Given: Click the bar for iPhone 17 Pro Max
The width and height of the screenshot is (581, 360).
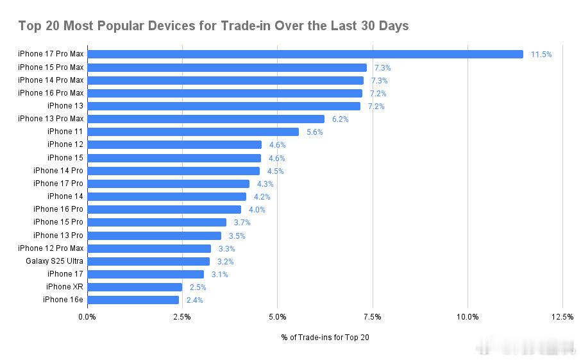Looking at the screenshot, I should pos(305,55).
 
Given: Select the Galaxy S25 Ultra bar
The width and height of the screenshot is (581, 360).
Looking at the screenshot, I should pos(148,261).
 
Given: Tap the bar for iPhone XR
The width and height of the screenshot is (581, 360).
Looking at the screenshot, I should pos(135,287).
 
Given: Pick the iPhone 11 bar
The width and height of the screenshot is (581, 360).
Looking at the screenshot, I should pos(192,132).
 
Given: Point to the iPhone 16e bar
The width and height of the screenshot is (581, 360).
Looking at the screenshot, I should pos(133,300).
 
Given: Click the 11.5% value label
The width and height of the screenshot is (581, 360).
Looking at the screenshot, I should pos(541,55).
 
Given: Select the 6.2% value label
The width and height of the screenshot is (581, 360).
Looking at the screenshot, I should pos(341,119).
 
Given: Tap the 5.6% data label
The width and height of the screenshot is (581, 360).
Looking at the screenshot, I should pos(315,132).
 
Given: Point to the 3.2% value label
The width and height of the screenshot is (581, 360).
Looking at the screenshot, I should pos(226,262).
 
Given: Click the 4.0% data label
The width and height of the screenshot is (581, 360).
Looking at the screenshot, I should pos(257,210).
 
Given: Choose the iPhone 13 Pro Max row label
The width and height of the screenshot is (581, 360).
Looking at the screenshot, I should pos(51,119).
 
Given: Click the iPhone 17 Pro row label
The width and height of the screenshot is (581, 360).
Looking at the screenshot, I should pos(58,184).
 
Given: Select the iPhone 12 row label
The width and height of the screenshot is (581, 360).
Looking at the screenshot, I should pos(65,144).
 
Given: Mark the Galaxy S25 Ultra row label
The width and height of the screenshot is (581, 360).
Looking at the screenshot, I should pos(55,261).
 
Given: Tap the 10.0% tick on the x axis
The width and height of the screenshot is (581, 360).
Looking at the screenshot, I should pos(467,316).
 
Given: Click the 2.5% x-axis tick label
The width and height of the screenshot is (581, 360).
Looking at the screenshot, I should pos(182,316).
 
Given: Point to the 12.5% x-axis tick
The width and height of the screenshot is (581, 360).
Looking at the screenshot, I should pos(562,316).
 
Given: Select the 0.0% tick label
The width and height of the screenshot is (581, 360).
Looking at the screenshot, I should pos(87,316).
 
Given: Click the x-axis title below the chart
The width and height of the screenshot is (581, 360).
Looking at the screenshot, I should pos(324,338).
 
